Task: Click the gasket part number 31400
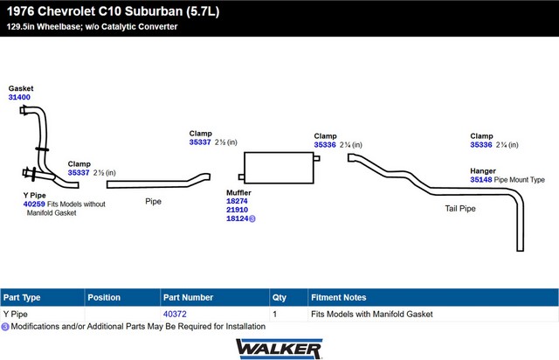(19, 97)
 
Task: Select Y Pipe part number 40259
(34, 204)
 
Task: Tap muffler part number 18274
(237, 200)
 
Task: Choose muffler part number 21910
(237, 210)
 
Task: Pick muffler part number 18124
(237, 219)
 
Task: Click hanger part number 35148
(481, 179)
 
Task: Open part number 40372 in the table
(175, 313)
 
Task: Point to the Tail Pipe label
(459, 209)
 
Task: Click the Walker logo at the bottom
(279, 348)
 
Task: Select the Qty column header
(279, 297)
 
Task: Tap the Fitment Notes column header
(338, 297)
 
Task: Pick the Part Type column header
(22, 297)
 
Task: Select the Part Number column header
(188, 297)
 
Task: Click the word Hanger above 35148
(483, 170)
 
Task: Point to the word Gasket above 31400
(21, 88)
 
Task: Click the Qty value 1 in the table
(275, 313)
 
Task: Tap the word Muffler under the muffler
(238, 190)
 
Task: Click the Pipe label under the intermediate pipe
(153, 201)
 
